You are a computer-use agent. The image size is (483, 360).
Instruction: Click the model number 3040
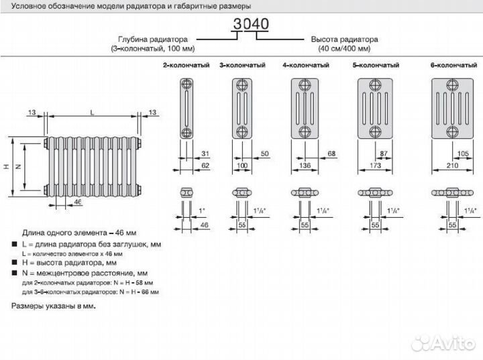[251, 25]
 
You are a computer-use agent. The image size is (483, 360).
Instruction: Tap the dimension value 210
[453, 164]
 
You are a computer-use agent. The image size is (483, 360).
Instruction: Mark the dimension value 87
[384, 154]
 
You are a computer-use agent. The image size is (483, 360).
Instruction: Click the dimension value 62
[205, 164]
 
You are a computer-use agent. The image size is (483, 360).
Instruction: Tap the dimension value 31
[205, 154]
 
